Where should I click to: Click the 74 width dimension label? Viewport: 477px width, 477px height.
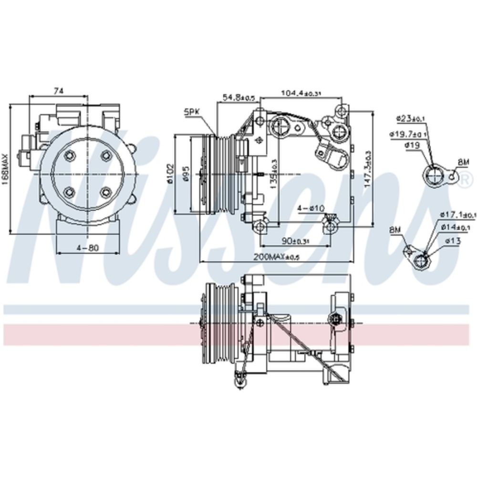tap(59, 90)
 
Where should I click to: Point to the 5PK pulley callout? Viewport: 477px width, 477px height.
tap(192, 112)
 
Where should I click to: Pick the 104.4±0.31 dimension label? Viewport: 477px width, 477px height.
tap(300, 93)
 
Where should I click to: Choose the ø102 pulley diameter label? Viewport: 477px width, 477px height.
tap(170, 176)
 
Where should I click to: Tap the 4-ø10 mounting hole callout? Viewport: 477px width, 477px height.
tap(311, 208)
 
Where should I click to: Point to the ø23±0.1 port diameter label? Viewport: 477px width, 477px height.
tap(411, 117)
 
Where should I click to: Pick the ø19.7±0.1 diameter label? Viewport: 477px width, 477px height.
tap(408, 134)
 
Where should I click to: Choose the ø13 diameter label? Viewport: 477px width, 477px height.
tap(454, 240)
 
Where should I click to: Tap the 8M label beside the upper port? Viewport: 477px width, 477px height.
tap(463, 163)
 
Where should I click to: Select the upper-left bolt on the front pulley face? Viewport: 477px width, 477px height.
tap(70, 156)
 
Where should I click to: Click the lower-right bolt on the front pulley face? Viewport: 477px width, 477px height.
tap(105, 192)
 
